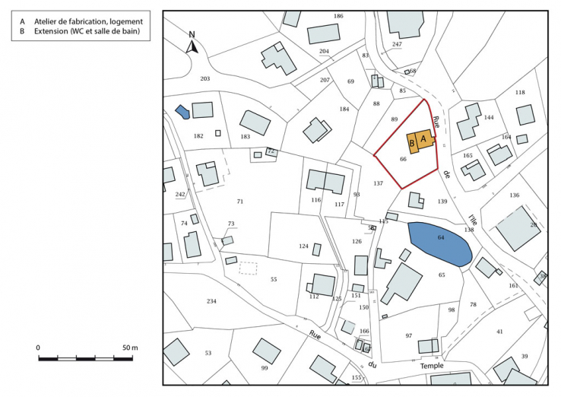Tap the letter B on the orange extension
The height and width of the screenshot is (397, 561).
412,143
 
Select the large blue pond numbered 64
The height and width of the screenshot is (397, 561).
440,242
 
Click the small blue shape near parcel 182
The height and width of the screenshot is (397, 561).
182,112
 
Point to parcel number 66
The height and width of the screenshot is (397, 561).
403,159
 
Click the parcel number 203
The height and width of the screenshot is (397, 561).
204,78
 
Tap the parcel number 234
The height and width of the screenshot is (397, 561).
211,301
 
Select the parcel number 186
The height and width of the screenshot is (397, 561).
338,16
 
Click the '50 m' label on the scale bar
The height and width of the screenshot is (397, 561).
129,348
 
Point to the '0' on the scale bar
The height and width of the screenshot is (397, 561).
39,348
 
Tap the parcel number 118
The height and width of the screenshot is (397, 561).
520,93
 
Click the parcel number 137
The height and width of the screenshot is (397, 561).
379,183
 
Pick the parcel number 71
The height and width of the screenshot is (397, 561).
240,202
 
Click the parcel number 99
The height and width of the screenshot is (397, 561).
265,368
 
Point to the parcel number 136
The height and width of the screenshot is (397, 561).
515,195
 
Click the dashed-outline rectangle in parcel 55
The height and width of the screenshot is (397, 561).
249,268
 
